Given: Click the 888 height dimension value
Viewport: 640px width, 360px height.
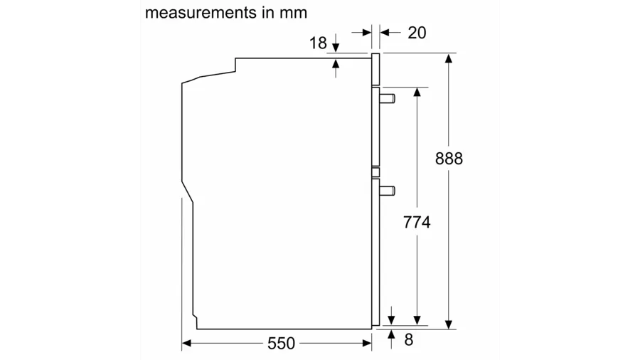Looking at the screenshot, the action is pyautogui.click(x=449, y=159).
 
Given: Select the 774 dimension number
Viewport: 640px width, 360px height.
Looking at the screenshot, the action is pyautogui.click(x=417, y=223).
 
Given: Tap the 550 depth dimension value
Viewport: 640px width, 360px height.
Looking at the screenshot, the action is pyautogui.click(x=281, y=343).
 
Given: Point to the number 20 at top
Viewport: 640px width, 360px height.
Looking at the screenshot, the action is pyautogui.click(x=417, y=33).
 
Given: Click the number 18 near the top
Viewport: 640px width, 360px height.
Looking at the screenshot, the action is pyautogui.click(x=318, y=43).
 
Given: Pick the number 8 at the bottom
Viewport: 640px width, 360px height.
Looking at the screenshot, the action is pyautogui.click(x=409, y=339).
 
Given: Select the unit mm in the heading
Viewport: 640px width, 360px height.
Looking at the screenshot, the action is pyautogui.click(x=294, y=14).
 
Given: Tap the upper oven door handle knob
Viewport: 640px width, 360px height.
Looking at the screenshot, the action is pyautogui.click(x=388, y=98).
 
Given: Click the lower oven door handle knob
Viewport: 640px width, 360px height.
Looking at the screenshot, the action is pyautogui.click(x=388, y=191).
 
